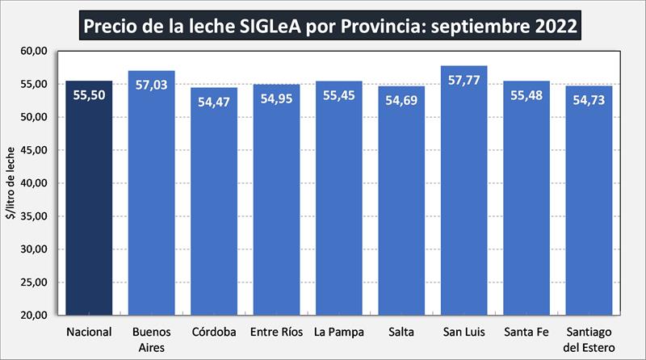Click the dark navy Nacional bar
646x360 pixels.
(89, 202)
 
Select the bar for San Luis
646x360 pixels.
(464, 202)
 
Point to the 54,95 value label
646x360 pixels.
(276, 98)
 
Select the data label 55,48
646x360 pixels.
(526, 95)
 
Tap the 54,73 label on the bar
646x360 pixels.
(589, 99)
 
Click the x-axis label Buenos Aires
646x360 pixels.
(152, 338)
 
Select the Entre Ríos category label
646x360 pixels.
(276, 332)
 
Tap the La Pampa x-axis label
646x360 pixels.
(339, 332)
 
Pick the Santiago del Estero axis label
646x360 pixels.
(589, 338)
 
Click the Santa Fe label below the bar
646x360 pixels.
(526, 332)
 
